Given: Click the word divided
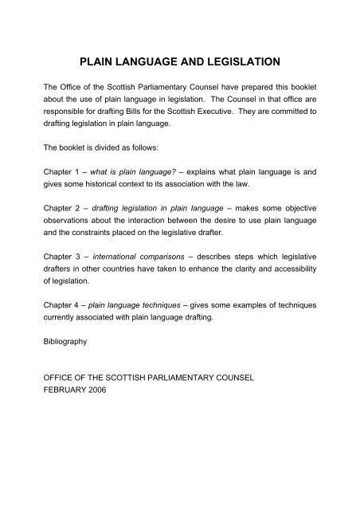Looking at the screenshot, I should [x=122, y=147].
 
